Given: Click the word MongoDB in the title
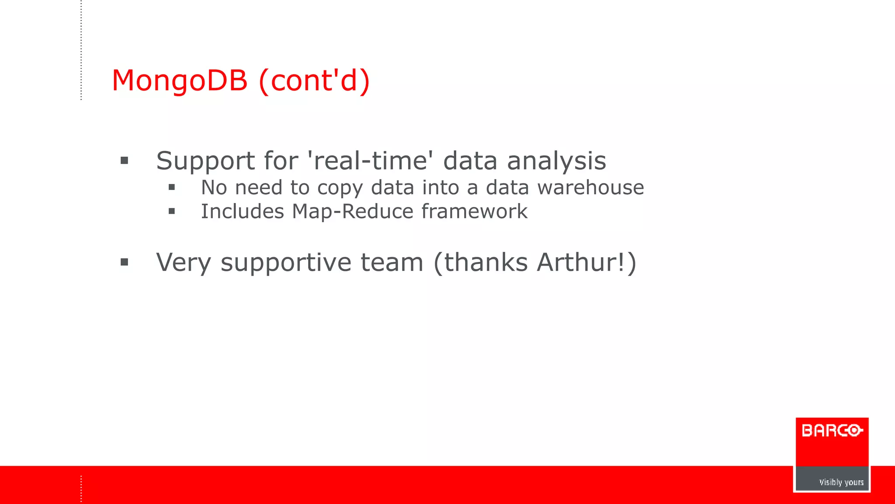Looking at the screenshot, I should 180,81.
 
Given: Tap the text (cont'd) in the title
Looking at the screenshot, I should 314,81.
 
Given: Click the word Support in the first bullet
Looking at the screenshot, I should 205,161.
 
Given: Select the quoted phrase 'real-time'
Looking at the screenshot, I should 371,161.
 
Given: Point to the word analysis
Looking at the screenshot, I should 556,161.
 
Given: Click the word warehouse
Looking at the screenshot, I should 590,188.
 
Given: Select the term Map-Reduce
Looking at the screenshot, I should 352,212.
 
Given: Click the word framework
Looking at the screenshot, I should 474,212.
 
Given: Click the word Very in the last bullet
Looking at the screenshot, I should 184,262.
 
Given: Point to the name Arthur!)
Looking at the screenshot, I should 586,262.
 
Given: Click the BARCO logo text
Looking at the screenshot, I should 832,430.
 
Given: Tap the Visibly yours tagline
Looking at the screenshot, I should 841,482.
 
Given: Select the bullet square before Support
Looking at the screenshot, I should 125,161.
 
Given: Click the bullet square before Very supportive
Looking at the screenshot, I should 125,262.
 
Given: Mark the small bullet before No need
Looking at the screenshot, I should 172,188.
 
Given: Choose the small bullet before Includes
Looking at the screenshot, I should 172,212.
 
